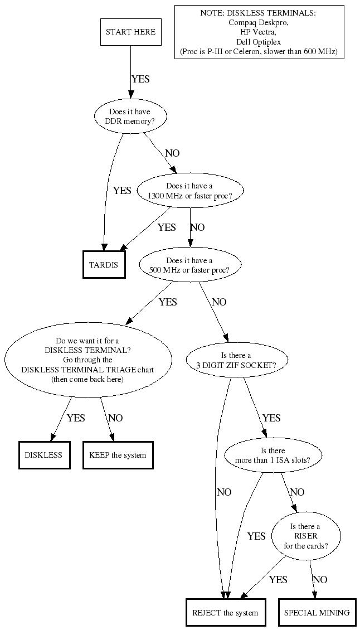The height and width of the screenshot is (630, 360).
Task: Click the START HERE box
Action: [x=131, y=32]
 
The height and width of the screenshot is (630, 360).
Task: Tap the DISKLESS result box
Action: [x=44, y=455]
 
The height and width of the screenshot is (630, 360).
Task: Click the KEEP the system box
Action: [x=118, y=455]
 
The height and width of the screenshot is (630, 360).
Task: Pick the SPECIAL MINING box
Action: [x=317, y=613]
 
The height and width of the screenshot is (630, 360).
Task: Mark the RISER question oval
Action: [x=305, y=536]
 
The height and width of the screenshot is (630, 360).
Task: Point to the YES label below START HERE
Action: [x=140, y=79]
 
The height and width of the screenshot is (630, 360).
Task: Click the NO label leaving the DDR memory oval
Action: [x=172, y=153]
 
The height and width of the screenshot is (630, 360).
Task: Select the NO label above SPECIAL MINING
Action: [x=320, y=580]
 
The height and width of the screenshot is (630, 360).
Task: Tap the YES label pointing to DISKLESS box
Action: [x=76, y=418]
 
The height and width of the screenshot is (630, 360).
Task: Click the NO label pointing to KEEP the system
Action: [x=115, y=418]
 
